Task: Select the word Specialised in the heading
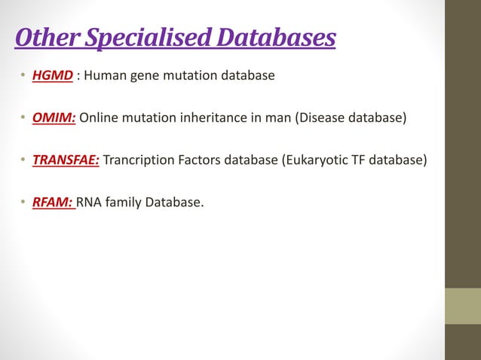pyautogui.click(x=128, y=38)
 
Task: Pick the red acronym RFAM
pyautogui.click(x=53, y=201)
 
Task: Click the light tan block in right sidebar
pyautogui.click(x=462, y=307)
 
